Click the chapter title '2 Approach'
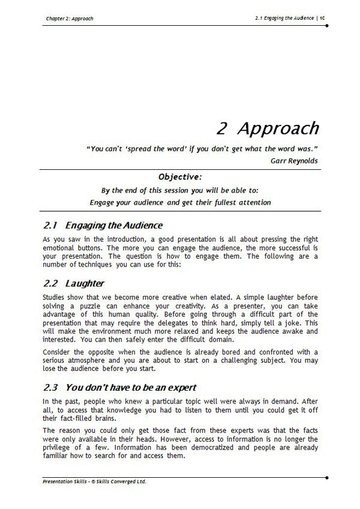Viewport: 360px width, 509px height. pyautogui.click(x=267, y=128)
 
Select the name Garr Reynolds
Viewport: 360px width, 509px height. pyautogui.click(x=295, y=160)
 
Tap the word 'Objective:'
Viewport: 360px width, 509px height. pyautogui.click(x=180, y=177)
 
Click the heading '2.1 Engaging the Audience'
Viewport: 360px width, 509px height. pyautogui.click(x=103, y=226)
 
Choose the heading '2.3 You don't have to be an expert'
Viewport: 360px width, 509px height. pyautogui.click(x=120, y=387)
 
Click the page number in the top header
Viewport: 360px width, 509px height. pyautogui.click(x=322, y=19)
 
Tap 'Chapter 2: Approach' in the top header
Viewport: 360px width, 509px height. pyautogui.click(x=70, y=19)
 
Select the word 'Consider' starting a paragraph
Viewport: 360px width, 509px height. pyautogui.click(x=59, y=351)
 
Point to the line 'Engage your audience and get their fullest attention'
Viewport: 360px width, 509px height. pyautogui.click(x=180, y=202)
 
